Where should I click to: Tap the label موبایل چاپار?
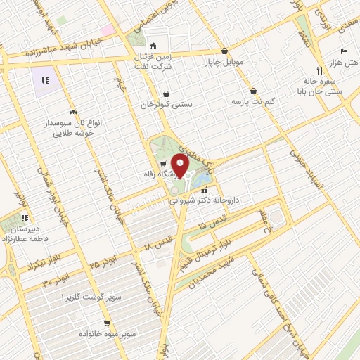[x=224, y=62]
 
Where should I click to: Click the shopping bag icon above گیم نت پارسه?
[x=253, y=91]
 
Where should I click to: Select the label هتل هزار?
[x=344, y=63]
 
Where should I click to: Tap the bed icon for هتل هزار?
[x=343, y=52]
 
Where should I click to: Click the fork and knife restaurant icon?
[x=319, y=70]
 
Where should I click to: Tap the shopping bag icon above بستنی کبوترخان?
[x=166, y=93]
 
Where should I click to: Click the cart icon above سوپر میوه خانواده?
[x=105, y=323]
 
